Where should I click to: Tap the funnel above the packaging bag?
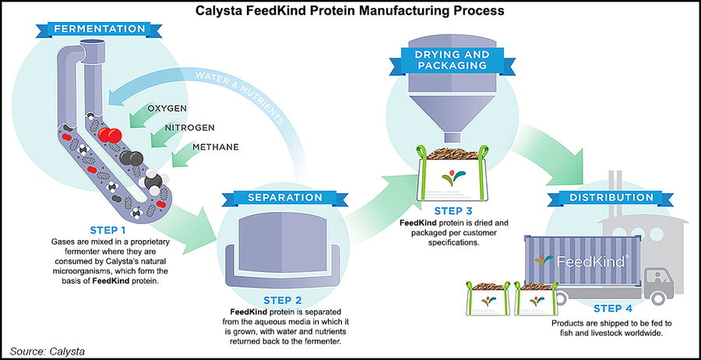(448, 105)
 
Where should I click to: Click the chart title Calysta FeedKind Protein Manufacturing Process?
(350, 12)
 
